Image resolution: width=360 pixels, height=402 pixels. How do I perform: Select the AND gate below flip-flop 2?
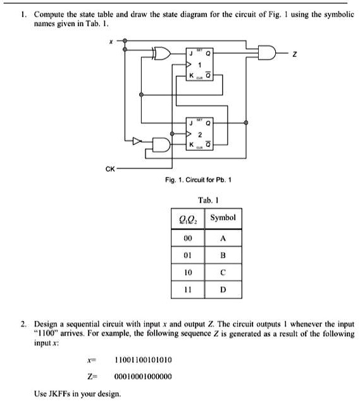161,145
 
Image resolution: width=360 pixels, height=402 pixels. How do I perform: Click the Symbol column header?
223,218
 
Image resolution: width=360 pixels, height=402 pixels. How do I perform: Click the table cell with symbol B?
223,256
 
